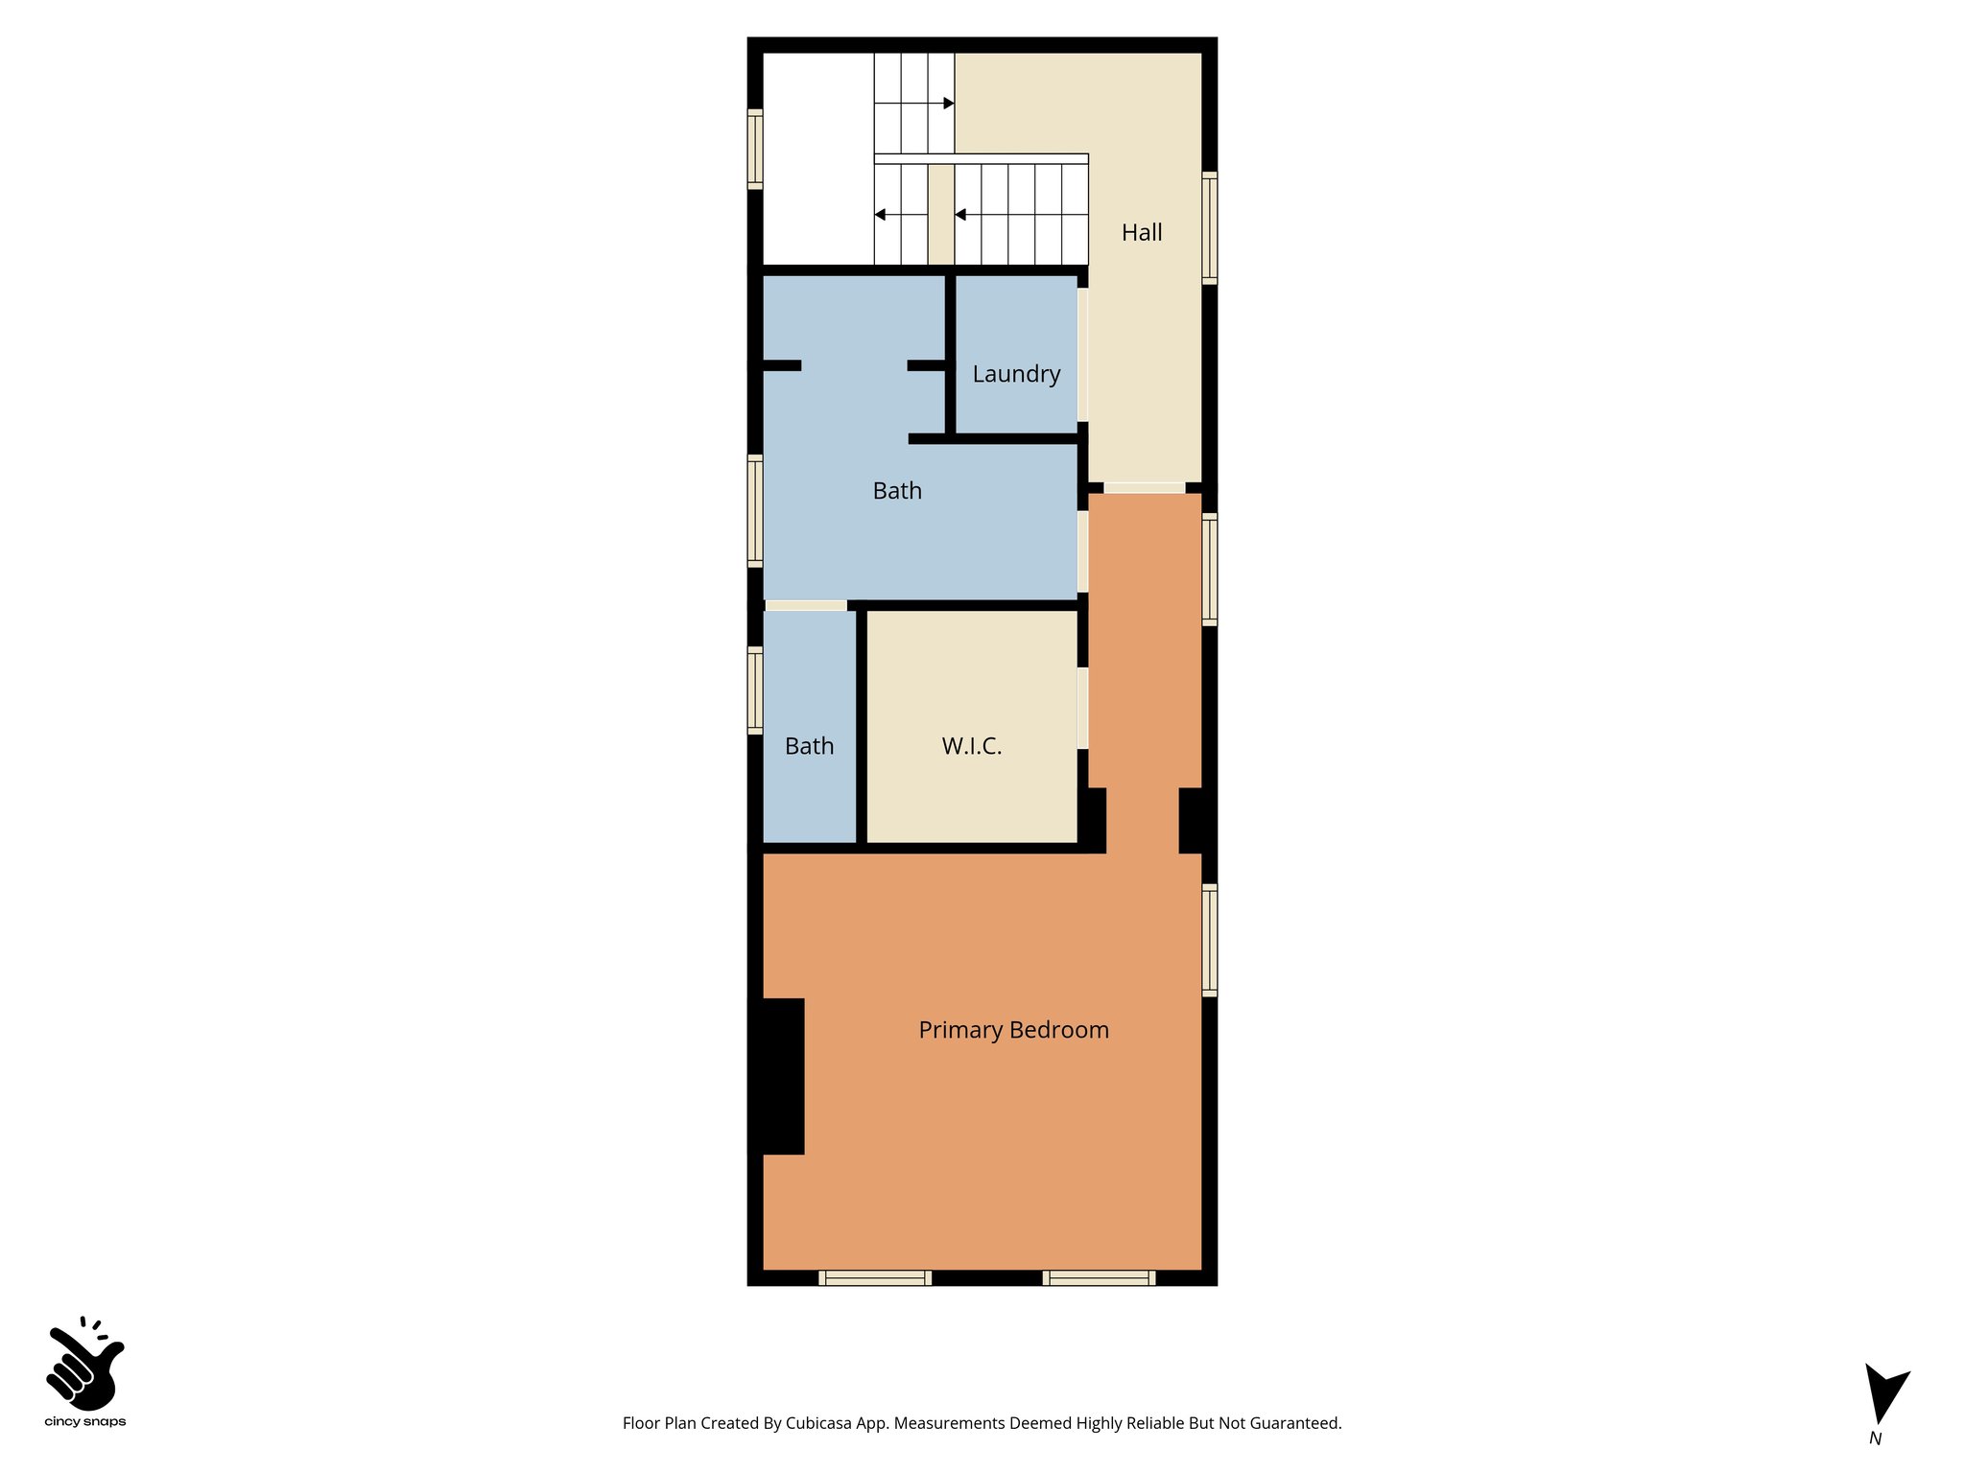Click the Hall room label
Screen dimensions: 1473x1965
(x=1142, y=232)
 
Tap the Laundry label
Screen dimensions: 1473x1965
(x=1016, y=374)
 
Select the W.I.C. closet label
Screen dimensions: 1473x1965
(x=972, y=746)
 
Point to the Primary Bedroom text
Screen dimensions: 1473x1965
(x=1013, y=1030)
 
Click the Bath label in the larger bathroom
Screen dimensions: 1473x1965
(x=897, y=491)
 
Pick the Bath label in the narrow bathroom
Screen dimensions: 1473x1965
(x=809, y=746)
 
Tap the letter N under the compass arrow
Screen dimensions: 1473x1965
(x=1875, y=1438)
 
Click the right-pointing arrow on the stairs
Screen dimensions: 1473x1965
(x=948, y=103)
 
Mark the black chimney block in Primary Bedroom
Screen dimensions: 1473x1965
(x=777, y=1076)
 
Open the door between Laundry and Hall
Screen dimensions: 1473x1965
(x=1082, y=355)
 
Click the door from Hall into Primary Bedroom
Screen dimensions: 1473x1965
(x=1144, y=488)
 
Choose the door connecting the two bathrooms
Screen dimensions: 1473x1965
(x=806, y=605)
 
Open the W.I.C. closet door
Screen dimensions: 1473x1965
(x=1082, y=708)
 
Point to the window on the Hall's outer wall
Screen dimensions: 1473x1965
(x=1210, y=228)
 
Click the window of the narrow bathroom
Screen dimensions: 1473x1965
(x=755, y=690)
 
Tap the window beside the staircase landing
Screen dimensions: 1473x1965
(x=755, y=149)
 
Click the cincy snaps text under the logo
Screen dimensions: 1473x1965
(x=85, y=1422)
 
